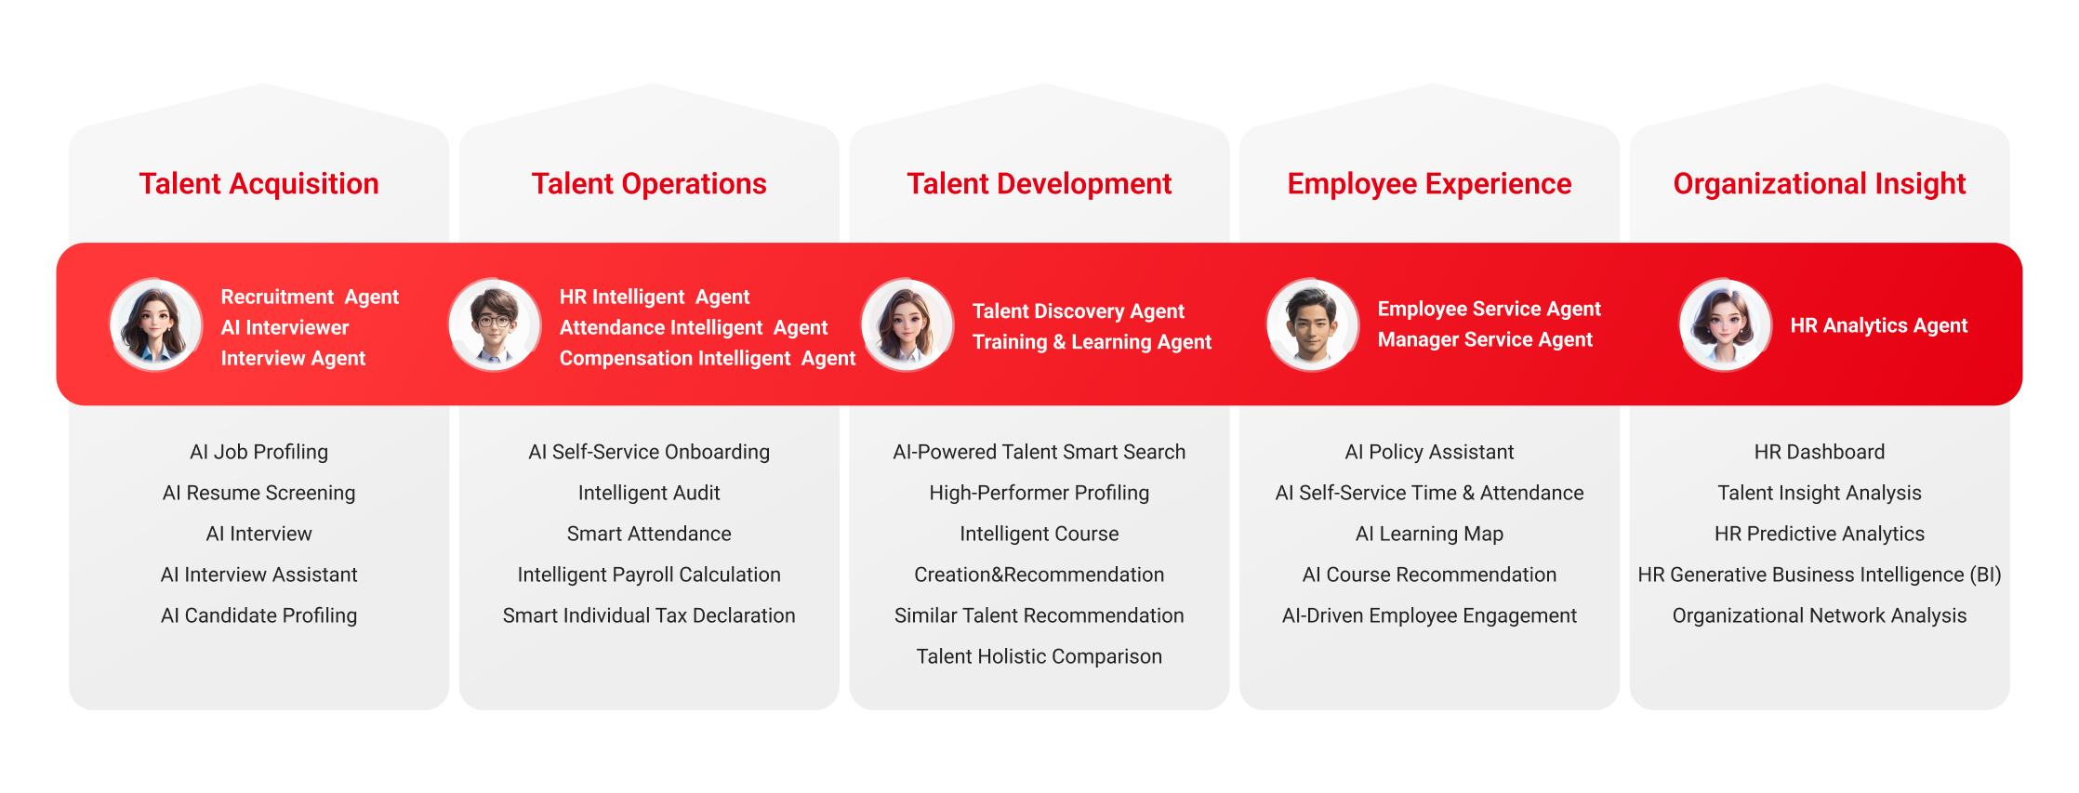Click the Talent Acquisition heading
coord(258,184)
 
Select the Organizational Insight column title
coord(1820,184)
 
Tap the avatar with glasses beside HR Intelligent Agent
coord(495,324)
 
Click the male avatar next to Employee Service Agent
coord(1313,324)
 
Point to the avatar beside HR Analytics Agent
coord(1726,324)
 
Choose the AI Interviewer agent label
coord(285,327)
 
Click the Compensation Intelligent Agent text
coord(708,359)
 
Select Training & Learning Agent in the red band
coord(1092,342)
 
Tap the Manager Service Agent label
coord(1485,339)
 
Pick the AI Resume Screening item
coord(258,493)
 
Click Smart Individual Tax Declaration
coord(649,615)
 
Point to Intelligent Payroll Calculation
coord(649,575)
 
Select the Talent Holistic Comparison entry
coord(1039,656)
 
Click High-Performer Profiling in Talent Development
coord(1039,493)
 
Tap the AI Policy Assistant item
coord(1429,452)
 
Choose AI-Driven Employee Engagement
coord(1429,615)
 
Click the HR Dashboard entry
coord(1820,452)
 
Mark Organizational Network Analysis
coord(1820,615)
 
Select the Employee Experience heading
coord(1429,184)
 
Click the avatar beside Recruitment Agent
coord(156,324)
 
